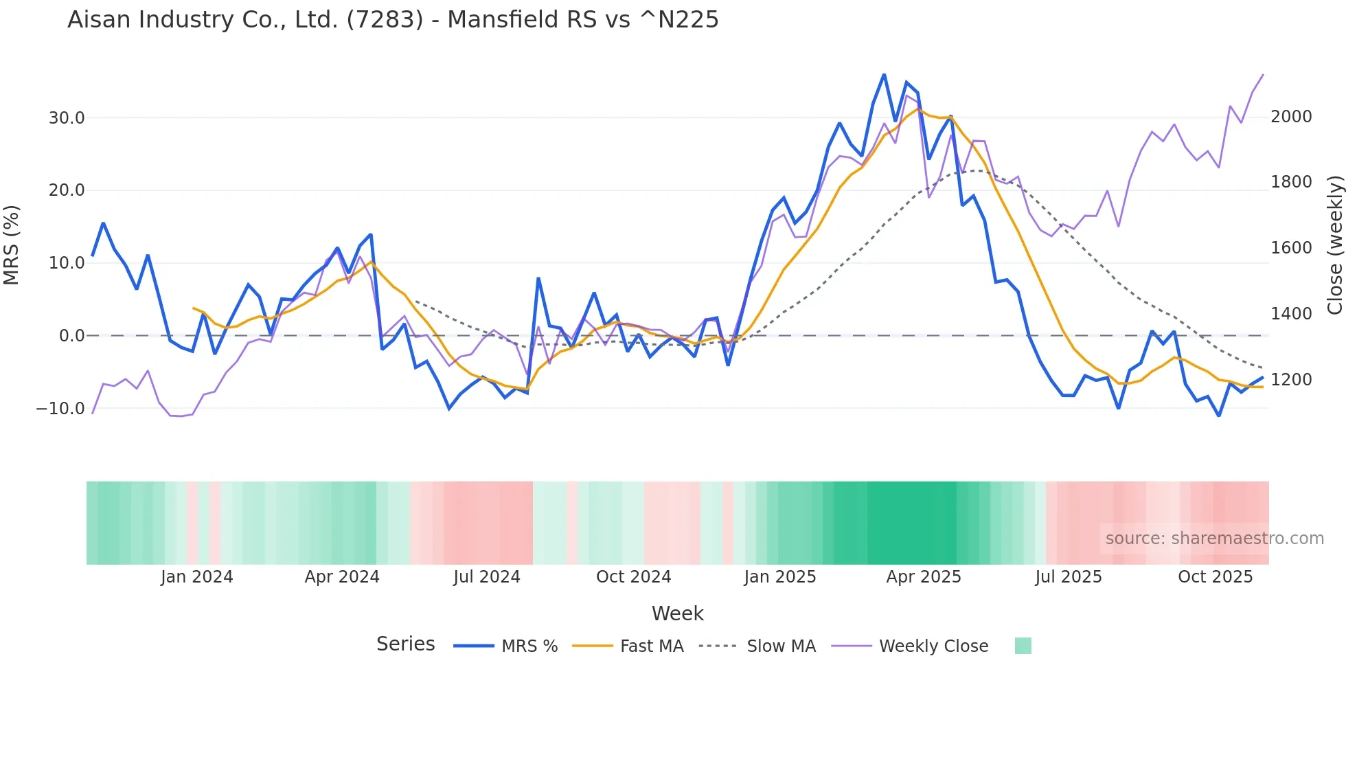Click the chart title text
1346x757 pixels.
tap(393, 20)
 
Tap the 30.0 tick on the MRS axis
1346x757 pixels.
tap(67, 118)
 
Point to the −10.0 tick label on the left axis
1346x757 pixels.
tap(60, 409)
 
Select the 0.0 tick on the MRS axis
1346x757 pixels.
tap(72, 336)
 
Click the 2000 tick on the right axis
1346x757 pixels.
tap(1291, 117)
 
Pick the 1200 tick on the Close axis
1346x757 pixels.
tap(1291, 380)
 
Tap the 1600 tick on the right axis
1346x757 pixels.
tap(1291, 248)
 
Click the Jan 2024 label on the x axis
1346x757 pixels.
tap(197, 577)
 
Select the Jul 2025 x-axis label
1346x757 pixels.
tap(1069, 577)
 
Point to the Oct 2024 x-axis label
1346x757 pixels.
tap(633, 577)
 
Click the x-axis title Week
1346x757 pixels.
tap(677, 613)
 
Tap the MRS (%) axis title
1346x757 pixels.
tap(12, 245)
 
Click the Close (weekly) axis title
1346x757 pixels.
tap(1334, 245)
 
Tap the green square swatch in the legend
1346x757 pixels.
tap(1023, 646)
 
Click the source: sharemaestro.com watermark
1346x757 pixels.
tap(1214, 539)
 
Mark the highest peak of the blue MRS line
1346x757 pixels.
tap(884, 74)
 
